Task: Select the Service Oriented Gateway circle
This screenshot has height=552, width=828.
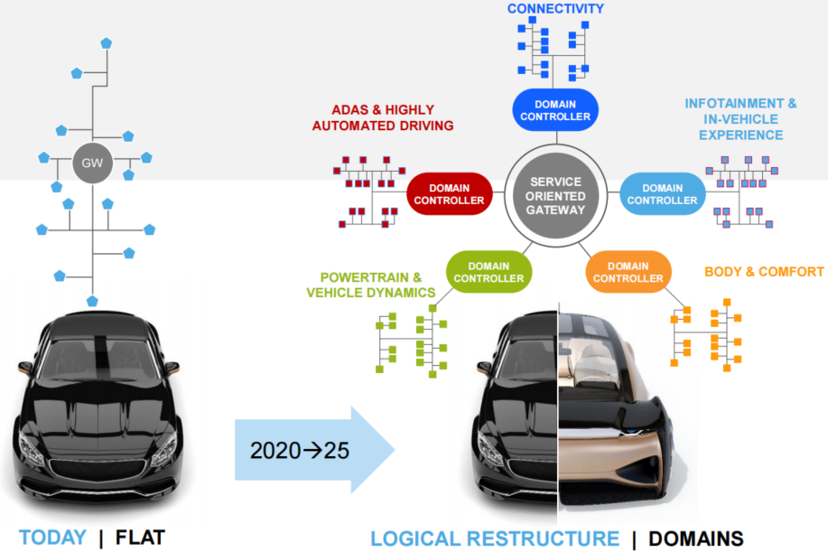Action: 555,196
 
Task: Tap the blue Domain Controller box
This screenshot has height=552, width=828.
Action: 555,109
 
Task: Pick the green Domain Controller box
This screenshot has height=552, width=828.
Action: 488,272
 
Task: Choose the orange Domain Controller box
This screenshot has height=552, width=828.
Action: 628,272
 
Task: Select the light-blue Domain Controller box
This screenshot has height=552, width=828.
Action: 662,194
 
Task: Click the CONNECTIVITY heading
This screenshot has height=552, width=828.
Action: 555,9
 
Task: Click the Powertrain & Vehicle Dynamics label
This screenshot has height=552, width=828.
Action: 371,285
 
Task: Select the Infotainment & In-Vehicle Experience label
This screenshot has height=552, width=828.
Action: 740,119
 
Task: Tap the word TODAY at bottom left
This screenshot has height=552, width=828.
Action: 52,538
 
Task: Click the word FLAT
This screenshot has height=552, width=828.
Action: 140,538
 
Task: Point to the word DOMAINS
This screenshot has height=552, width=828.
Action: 697,539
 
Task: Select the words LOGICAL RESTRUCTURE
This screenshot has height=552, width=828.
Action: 495,539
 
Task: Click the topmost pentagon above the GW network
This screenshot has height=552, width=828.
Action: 107,42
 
